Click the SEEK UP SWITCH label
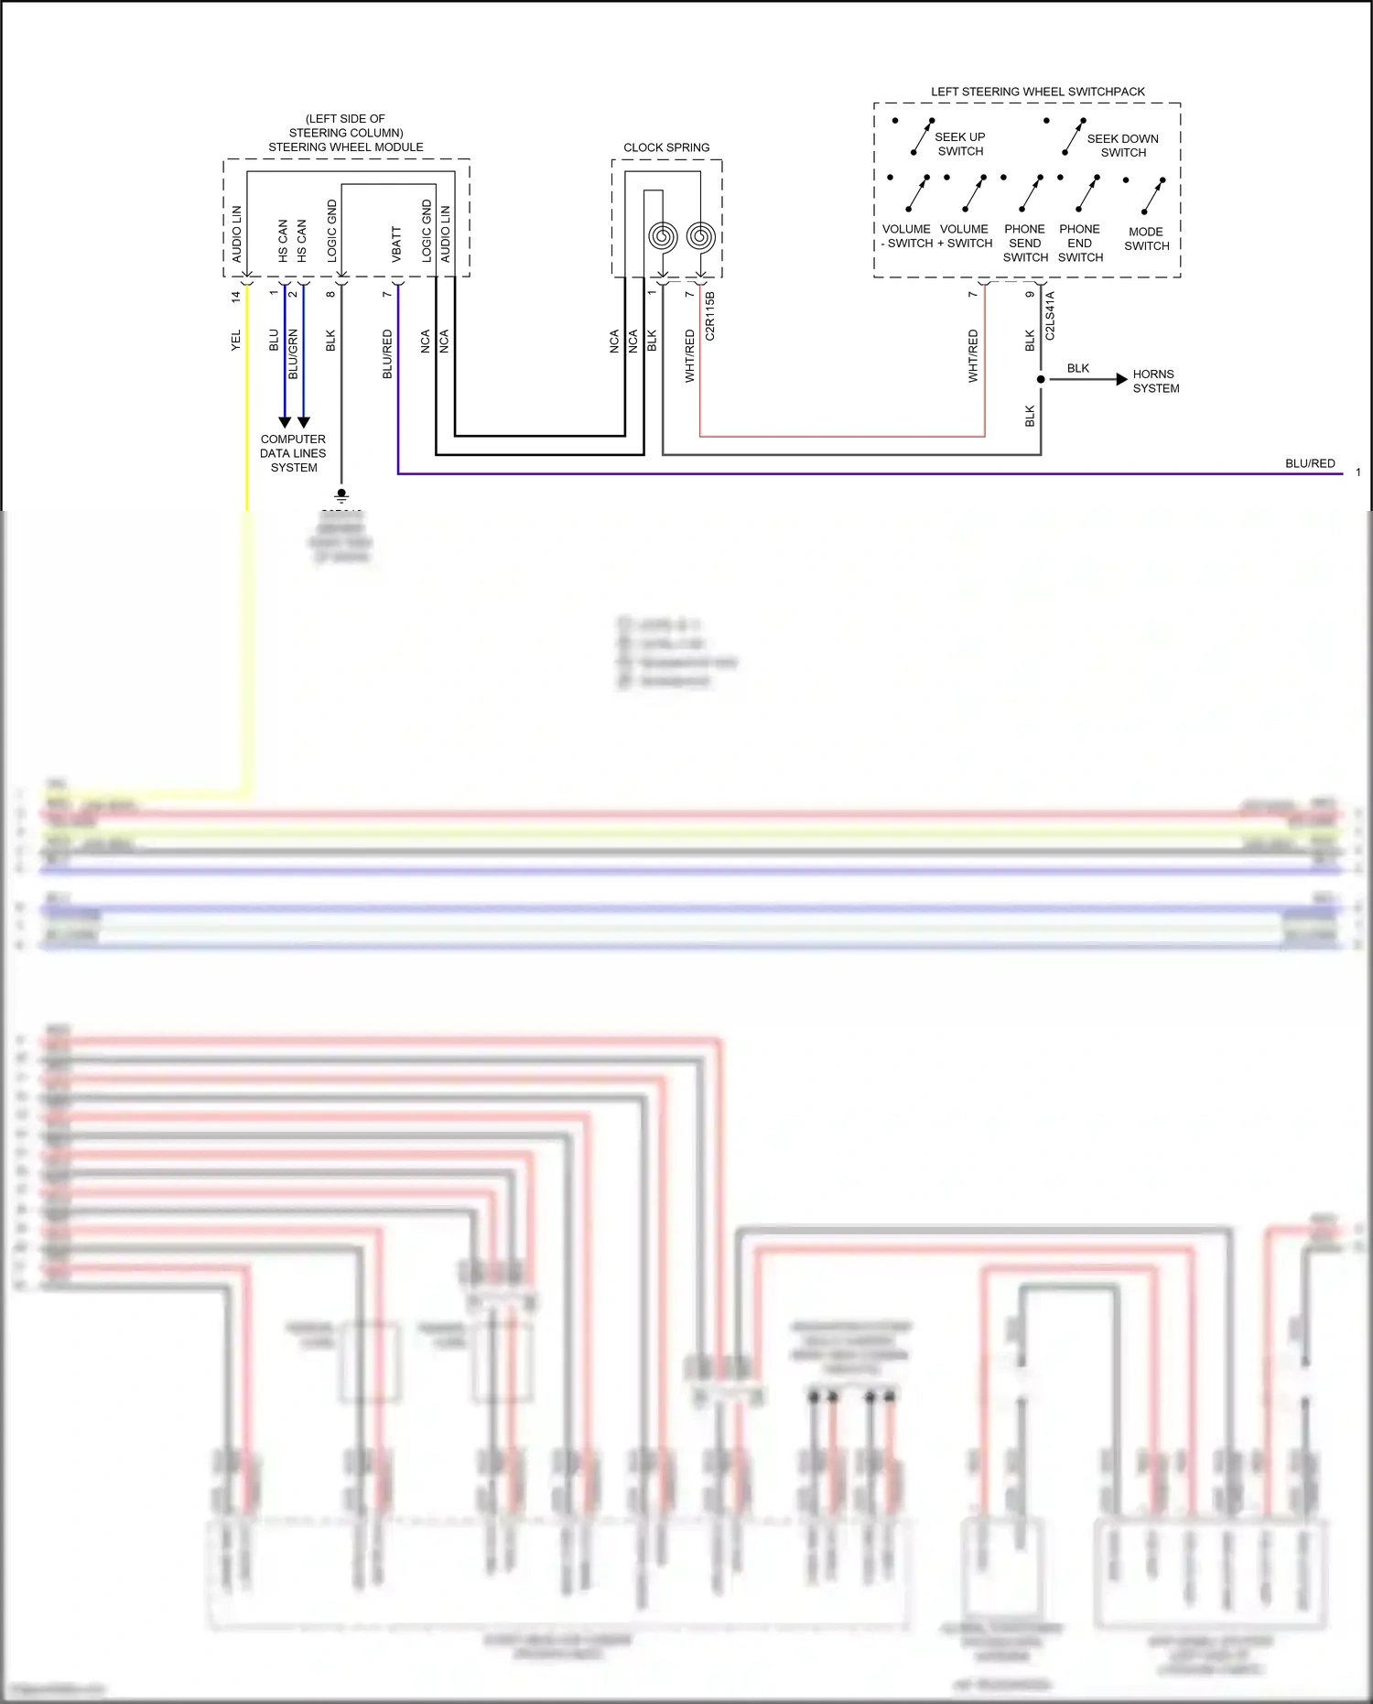[x=959, y=144]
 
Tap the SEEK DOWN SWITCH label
[x=1122, y=146]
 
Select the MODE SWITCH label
[x=1146, y=239]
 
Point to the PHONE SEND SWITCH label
[x=1024, y=244]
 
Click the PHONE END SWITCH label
[x=1080, y=244]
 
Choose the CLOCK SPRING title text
[x=666, y=147]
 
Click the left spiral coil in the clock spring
[x=663, y=237]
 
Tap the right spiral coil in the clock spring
[x=700, y=237]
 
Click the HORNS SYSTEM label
[x=1155, y=381]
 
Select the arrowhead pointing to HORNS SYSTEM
[x=1121, y=379]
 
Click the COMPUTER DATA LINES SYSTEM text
[x=293, y=453]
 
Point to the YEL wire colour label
[x=236, y=340]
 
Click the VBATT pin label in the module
[x=396, y=244]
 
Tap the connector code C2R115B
[x=710, y=316]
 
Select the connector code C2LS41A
[x=1050, y=316]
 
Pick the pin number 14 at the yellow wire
[x=236, y=297]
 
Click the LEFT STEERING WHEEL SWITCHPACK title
[x=1037, y=92]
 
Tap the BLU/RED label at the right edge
[x=1310, y=463]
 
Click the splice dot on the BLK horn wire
[x=1041, y=379]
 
